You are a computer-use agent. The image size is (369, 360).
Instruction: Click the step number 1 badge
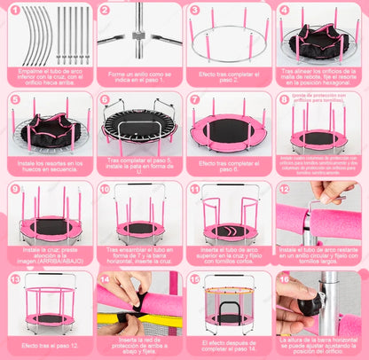tap(13, 12)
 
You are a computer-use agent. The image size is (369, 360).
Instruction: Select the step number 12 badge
tap(285, 189)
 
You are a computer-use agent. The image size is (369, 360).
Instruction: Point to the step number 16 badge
tap(285, 278)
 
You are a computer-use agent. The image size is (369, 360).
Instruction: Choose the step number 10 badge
tap(105, 189)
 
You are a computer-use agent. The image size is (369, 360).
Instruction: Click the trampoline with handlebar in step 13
tap(46, 307)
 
